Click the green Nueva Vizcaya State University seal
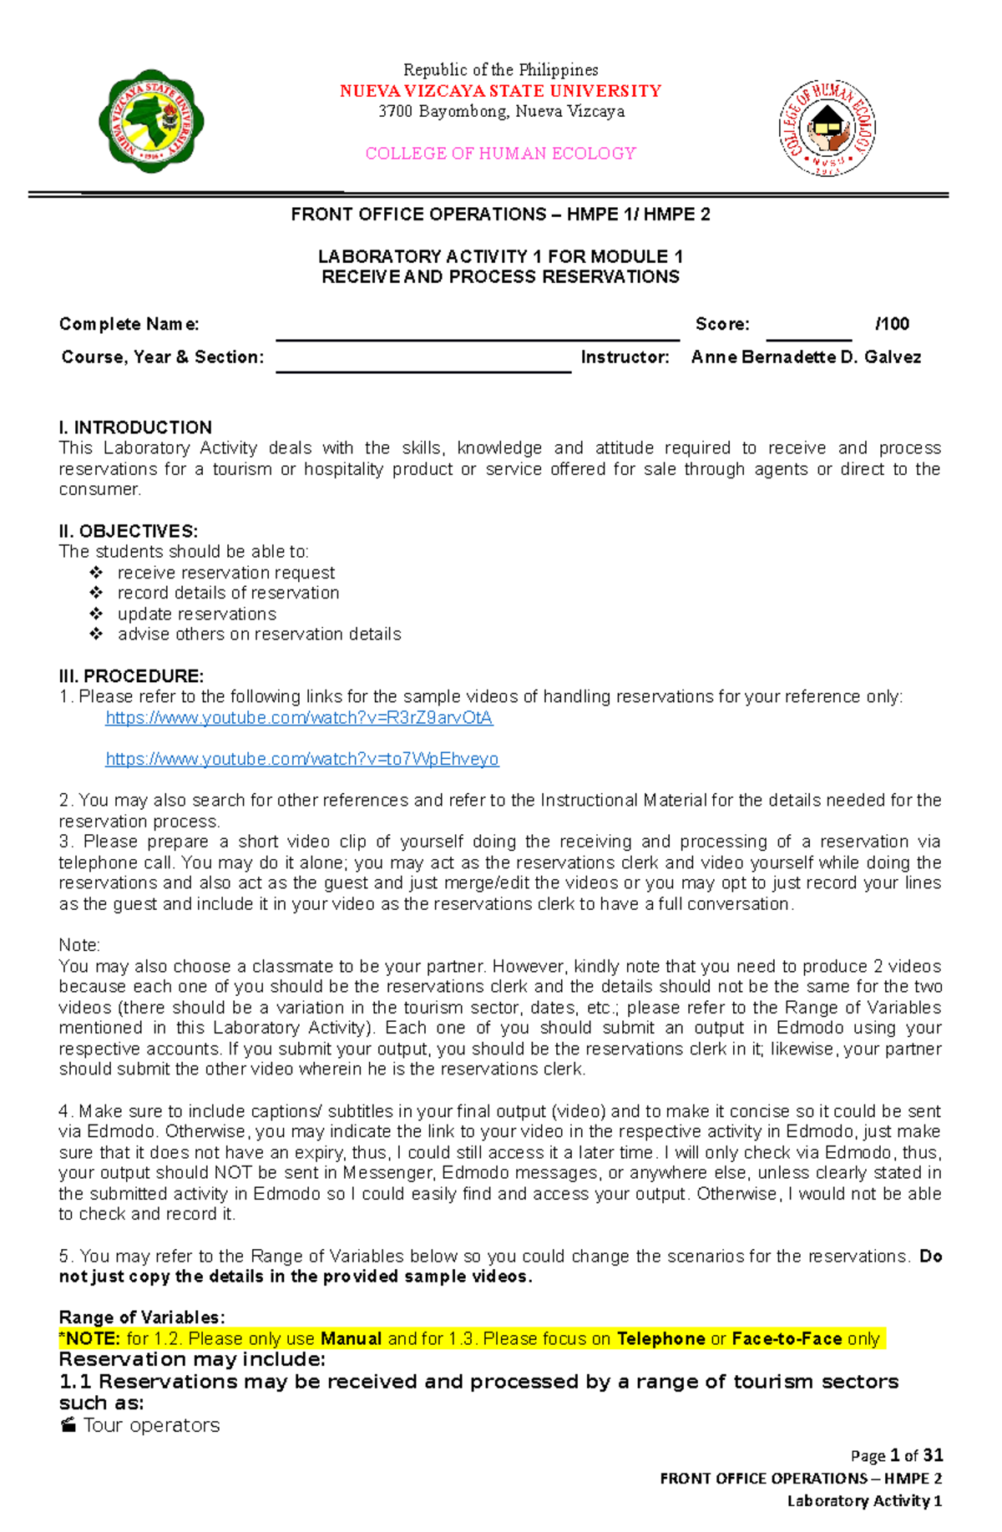coord(151,122)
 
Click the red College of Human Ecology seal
coord(827,128)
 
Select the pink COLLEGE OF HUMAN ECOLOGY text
coord(500,154)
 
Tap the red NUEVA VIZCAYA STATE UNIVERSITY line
coord(500,91)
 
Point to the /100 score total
coord(892,324)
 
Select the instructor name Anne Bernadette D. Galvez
coord(806,357)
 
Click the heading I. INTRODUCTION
coord(135,427)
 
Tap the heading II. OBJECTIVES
coord(128,531)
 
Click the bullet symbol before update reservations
coord(96,614)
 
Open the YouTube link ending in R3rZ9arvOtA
coord(299,718)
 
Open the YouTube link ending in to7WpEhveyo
coord(301,759)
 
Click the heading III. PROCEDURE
coord(131,676)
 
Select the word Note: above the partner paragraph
coord(79,945)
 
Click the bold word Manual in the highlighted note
coord(351,1339)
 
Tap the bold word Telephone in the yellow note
coord(660,1339)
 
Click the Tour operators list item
coord(150,1425)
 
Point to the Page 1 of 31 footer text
coord(896,1456)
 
